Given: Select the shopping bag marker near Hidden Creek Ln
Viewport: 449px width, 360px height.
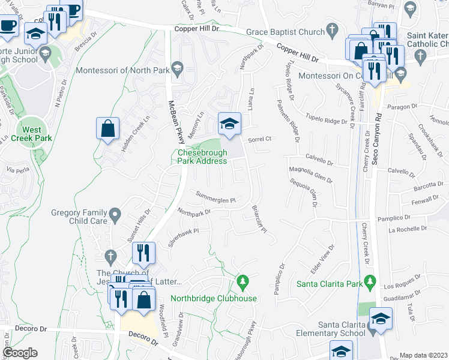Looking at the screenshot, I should (107, 128).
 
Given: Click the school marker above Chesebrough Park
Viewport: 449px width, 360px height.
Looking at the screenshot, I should (228, 124).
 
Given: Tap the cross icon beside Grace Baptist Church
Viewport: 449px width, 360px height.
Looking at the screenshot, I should (331, 29).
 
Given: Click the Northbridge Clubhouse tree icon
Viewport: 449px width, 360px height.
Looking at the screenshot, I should (243, 280).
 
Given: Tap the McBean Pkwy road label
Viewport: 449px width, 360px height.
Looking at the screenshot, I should (177, 120).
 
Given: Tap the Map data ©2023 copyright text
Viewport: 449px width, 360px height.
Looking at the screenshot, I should (423, 355).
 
